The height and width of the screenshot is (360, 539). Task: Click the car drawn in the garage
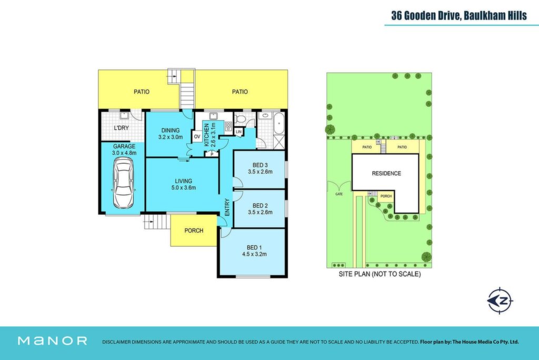tap(123, 183)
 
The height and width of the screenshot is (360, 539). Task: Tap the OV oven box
tap(197, 137)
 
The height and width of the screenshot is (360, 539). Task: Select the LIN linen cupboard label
tap(238, 132)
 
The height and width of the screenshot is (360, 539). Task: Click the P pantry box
tap(212, 154)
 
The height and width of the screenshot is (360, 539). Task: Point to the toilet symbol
tap(240, 119)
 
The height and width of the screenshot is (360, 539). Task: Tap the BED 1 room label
tap(254, 247)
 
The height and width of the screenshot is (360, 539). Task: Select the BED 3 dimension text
tap(260, 172)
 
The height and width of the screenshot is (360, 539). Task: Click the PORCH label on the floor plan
tap(194, 231)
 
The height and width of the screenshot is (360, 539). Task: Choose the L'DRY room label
tap(122, 128)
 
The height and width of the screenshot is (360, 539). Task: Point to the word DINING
tap(171, 131)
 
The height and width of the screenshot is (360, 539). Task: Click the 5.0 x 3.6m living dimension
tap(184, 188)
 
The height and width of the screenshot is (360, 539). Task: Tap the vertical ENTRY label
tap(227, 207)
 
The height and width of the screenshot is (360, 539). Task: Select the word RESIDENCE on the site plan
tap(386, 173)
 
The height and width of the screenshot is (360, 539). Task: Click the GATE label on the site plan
tap(339, 194)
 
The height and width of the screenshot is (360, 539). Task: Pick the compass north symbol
tap(500, 301)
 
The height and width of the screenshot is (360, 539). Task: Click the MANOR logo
tap(53, 341)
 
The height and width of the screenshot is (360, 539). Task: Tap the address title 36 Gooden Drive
tap(426, 15)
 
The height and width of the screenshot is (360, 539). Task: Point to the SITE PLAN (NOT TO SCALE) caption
tap(380, 274)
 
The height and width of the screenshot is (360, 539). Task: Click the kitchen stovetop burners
tap(228, 126)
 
